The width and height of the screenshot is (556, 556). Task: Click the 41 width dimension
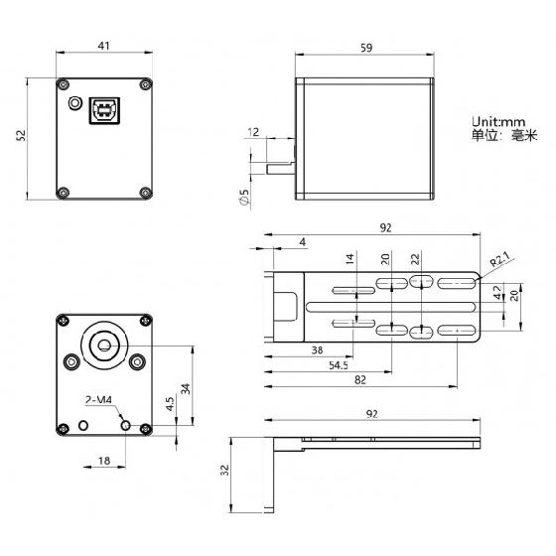point(103,46)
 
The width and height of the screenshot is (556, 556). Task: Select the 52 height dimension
point(21,137)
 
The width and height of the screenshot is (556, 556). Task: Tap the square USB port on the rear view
point(102,110)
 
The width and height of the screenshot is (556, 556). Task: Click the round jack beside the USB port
point(74,103)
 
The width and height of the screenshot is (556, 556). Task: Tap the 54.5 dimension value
point(339,365)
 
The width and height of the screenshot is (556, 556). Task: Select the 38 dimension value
point(317,349)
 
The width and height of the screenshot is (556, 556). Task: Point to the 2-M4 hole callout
point(98,401)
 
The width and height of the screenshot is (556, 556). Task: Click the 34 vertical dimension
point(185,387)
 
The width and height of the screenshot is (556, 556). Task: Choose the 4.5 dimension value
point(171,405)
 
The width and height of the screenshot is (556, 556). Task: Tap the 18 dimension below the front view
point(103,461)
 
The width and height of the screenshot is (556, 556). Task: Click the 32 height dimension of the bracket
point(224,472)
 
